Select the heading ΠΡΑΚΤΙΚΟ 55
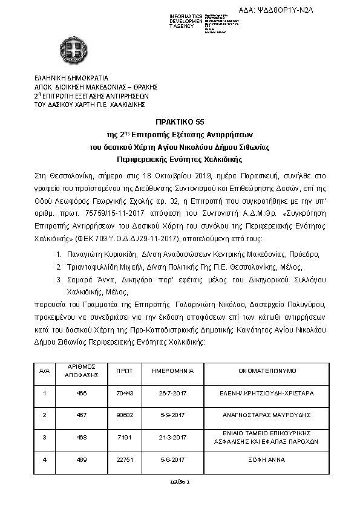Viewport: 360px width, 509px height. click(x=180, y=122)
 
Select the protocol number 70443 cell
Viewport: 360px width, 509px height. click(x=123, y=393)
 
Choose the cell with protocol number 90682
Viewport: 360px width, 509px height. click(x=123, y=415)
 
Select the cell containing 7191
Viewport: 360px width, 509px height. click(x=123, y=437)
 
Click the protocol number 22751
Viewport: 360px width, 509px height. click(x=123, y=459)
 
